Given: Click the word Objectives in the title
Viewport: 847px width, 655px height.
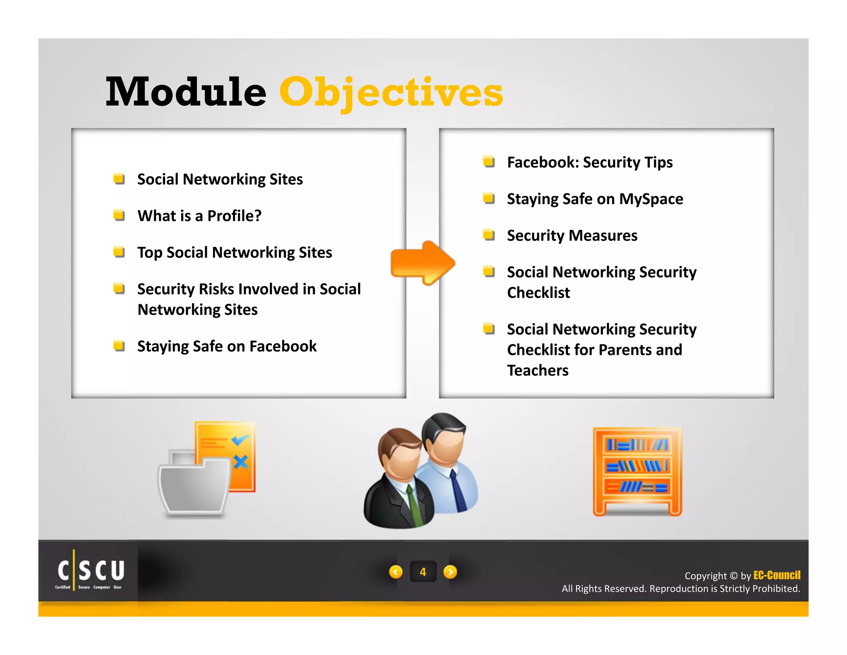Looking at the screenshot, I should click(391, 92).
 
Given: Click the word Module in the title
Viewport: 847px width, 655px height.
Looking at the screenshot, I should click(186, 92).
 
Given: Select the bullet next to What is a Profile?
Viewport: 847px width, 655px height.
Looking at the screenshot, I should click(119, 215).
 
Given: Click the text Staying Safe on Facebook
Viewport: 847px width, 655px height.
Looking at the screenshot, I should click(227, 346).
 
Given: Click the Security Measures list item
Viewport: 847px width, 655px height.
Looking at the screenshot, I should click(572, 236).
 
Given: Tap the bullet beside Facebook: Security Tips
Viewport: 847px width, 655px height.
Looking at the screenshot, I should click(489, 161).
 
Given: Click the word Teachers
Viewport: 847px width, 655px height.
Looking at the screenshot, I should click(538, 370).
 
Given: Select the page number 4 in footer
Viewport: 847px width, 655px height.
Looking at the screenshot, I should click(423, 572).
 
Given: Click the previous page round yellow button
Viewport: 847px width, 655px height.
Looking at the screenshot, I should click(396, 572).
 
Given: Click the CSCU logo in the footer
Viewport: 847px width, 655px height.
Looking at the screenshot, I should click(90, 572).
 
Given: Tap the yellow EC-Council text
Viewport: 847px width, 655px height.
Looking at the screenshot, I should click(776, 575).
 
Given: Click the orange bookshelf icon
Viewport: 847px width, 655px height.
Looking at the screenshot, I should click(637, 472).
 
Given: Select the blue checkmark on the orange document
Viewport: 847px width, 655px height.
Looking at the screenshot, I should click(240, 440).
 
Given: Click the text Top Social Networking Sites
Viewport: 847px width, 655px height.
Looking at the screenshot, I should click(234, 253).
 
